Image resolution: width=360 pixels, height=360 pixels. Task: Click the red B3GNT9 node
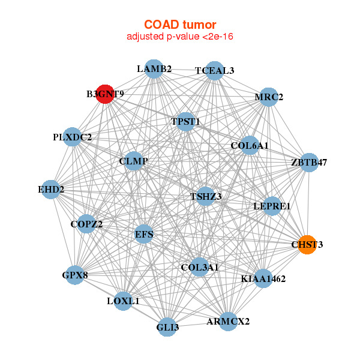(x=105, y=94)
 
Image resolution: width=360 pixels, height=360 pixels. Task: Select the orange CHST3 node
(x=307, y=245)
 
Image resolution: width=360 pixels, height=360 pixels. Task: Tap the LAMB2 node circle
(x=154, y=69)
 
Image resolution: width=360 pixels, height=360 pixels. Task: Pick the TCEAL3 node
(x=214, y=71)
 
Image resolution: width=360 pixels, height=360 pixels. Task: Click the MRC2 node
(x=269, y=97)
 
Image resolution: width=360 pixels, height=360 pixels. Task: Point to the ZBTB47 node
(x=309, y=163)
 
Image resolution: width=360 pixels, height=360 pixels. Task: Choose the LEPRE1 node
(x=272, y=206)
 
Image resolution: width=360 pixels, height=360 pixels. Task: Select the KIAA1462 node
(x=263, y=278)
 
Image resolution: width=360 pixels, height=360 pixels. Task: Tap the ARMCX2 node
(x=228, y=322)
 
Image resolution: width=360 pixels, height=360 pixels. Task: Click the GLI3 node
(x=168, y=328)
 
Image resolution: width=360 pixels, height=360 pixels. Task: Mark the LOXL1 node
(x=123, y=301)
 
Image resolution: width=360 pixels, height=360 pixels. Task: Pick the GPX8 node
(x=75, y=276)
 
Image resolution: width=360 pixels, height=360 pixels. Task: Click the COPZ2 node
(x=86, y=224)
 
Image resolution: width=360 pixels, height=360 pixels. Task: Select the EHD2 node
(x=51, y=190)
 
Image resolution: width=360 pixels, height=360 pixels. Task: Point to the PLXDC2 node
(x=73, y=137)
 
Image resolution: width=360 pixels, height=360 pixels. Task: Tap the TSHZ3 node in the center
(x=206, y=196)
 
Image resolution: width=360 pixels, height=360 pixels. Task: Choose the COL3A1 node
(x=200, y=266)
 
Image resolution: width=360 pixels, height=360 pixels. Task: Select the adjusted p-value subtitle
(x=179, y=37)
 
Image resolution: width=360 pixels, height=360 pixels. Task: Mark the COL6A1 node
(x=250, y=145)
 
